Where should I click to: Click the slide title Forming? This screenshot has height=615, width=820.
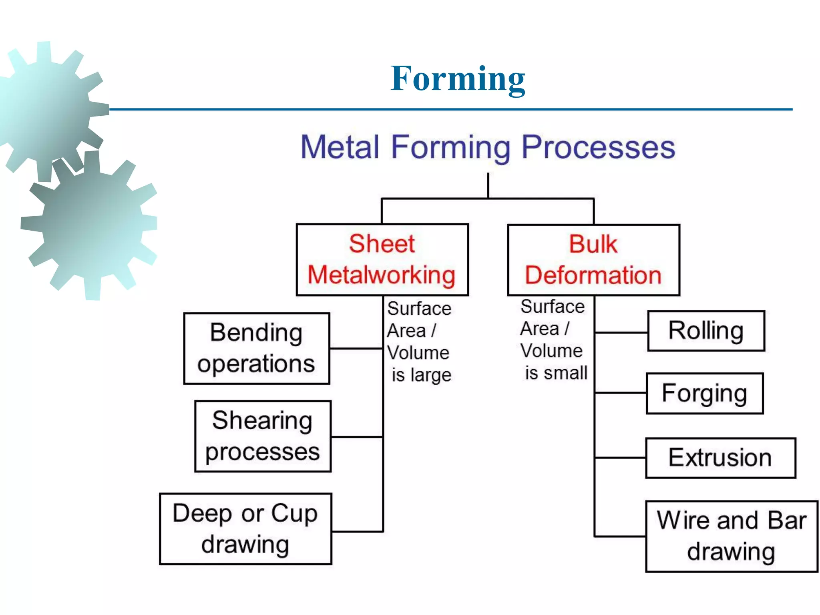pos(458,79)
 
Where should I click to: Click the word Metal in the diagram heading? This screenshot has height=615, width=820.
pos(340,147)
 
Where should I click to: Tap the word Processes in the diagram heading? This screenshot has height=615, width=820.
pos(598,148)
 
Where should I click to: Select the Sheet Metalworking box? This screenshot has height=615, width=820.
pos(382,259)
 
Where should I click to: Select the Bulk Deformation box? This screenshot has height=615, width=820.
pos(593,260)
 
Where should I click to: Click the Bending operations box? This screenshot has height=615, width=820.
pos(256,348)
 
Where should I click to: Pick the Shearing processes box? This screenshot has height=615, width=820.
pos(263,436)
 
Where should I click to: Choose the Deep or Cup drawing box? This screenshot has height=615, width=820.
pos(245,529)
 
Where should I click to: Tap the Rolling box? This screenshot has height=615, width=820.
pos(706,331)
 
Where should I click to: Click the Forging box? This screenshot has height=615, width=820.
pos(705,393)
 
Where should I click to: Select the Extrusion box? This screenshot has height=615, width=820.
pos(720,458)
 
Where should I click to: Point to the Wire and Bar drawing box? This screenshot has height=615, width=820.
pos(731,536)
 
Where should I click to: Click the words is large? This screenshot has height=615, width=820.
pos(421,375)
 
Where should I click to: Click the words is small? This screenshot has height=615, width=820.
pos(556,373)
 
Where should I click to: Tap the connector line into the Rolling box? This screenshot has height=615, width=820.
pos(621,332)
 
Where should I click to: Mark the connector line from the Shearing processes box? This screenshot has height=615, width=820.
pos(357,436)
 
